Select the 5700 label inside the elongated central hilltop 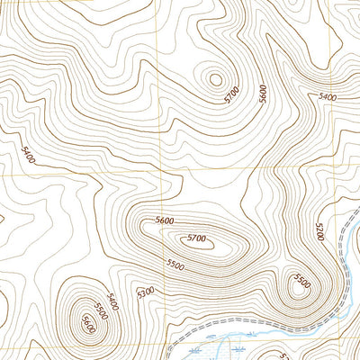tap(196, 238)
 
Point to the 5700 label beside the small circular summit tap(233, 93)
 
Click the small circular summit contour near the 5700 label tap(215, 79)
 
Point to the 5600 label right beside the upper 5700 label tap(263, 95)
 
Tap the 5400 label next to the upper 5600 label tap(328, 96)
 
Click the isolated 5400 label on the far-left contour tap(26, 158)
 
